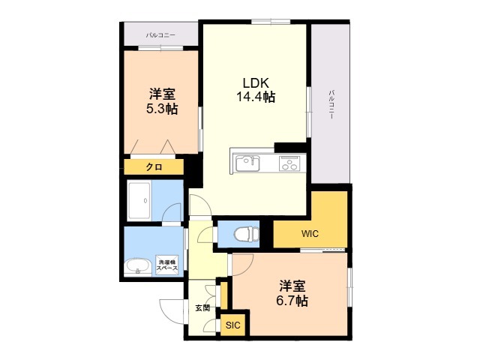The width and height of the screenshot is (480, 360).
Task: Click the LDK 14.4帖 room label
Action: (256, 90)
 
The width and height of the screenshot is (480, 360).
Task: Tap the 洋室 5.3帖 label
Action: (162, 101)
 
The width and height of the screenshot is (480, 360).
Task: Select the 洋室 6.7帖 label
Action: (292, 293)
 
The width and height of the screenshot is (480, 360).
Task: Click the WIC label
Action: (310, 234)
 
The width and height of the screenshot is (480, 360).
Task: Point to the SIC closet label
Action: (233, 325)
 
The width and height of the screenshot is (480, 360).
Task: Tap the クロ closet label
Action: (154, 167)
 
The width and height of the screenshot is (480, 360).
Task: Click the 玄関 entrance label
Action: (202, 308)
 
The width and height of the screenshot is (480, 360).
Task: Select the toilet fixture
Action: (246, 234)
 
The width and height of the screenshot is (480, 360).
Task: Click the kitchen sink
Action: (247, 163)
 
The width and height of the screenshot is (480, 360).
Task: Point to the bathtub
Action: (139, 201)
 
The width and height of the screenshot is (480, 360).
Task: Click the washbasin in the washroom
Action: (138, 267)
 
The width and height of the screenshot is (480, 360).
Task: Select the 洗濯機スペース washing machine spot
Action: (167, 265)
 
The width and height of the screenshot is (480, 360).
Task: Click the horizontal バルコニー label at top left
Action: (160, 35)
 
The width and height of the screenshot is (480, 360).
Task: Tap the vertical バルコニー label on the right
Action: (331, 104)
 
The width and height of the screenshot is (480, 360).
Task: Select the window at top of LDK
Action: (271, 22)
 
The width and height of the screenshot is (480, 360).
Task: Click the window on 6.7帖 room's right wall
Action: (349, 287)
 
